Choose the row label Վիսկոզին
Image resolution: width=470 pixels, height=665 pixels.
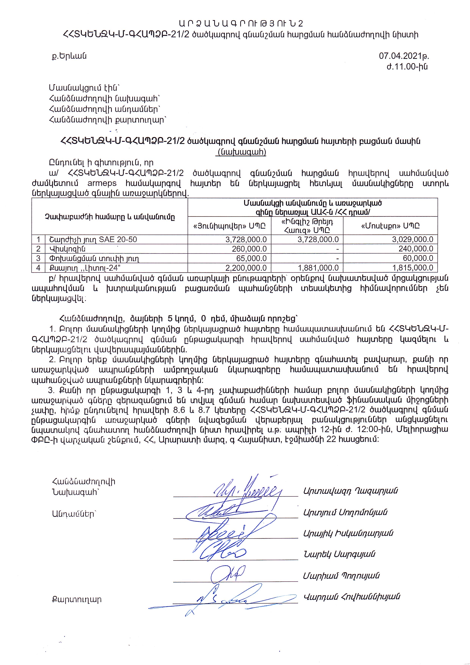tap(68, 249)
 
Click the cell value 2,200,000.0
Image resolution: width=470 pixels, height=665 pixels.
tap(246, 268)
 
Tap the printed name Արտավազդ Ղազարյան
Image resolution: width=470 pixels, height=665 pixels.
tap(350, 491)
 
